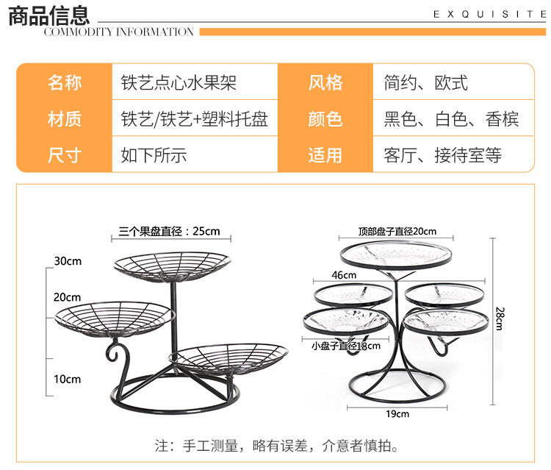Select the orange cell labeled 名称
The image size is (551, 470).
tap(65, 82)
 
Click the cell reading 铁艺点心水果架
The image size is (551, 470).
tap(179, 82)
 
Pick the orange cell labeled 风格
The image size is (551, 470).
tap(325, 82)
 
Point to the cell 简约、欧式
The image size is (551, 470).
tap(425, 82)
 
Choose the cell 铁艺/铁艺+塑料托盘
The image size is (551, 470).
tap(194, 118)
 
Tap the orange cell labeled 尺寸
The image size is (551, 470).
tap(65, 155)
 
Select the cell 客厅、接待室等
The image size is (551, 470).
tap(442, 155)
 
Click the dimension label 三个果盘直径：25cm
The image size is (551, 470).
tap(169, 232)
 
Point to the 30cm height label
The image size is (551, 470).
tap(67, 261)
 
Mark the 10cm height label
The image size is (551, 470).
tap(67, 379)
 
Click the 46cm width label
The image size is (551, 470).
tap(344, 275)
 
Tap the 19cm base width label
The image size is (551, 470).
tap(397, 413)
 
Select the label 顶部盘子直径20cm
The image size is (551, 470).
tap(397, 232)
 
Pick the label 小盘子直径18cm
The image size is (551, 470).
tap(346, 346)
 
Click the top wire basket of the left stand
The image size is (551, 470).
tap(171, 263)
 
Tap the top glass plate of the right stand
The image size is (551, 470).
tap(397, 254)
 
